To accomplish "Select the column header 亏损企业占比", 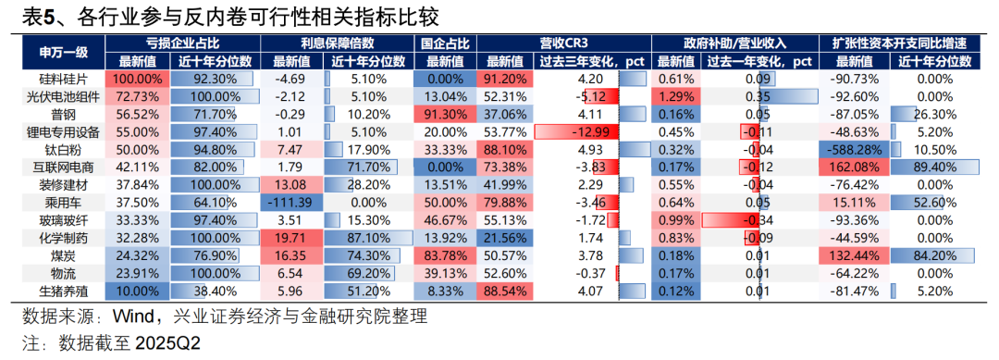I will point(183,43).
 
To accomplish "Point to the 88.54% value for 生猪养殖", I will point(505,291).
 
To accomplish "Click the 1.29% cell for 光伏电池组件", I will point(675,97).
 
